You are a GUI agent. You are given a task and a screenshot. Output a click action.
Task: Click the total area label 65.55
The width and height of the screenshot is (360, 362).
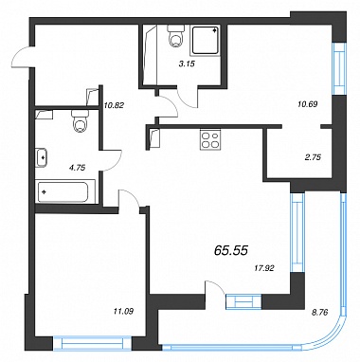click(x=231, y=250)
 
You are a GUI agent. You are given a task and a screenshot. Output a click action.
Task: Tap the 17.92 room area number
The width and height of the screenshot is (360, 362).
click(x=264, y=268)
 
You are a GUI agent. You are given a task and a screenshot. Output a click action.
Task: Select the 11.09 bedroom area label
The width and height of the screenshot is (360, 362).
click(x=123, y=312)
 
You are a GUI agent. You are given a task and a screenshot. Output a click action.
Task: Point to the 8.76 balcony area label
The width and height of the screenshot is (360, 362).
click(x=320, y=313)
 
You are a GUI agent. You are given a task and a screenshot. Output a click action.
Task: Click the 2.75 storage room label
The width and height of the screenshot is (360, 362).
click(x=313, y=157)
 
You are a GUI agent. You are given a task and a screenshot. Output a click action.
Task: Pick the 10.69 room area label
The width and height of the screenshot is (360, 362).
click(x=307, y=103)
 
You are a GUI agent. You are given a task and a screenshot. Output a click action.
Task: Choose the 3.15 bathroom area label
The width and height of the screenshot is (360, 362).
click(x=187, y=63)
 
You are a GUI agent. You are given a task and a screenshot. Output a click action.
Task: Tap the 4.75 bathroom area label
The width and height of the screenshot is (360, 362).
click(x=77, y=168)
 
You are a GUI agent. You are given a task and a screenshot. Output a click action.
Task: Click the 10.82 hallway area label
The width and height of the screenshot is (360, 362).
click(x=114, y=105)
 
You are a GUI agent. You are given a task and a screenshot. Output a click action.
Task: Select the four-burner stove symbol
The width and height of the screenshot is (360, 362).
click(x=210, y=139)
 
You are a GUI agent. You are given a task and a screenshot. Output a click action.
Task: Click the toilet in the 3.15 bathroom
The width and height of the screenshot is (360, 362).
click(x=176, y=36)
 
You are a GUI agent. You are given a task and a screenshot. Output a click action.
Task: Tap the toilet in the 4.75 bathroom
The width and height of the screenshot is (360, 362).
click(x=81, y=121)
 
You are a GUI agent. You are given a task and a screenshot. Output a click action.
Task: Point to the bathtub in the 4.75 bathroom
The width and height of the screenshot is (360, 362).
click(x=66, y=191)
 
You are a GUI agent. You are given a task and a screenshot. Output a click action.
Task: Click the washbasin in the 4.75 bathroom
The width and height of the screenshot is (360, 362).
click(x=42, y=157)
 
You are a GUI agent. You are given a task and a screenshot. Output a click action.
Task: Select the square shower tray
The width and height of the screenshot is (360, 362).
click(x=206, y=40)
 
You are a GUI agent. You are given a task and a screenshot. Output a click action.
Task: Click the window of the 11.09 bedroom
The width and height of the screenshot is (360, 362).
click(x=92, y=343)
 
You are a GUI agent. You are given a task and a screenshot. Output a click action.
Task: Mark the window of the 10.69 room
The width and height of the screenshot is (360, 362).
click(x=339, y=68)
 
